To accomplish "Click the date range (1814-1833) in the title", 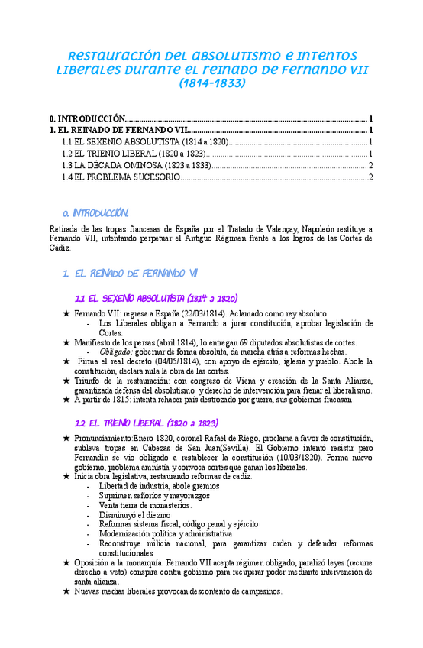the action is point(211,83).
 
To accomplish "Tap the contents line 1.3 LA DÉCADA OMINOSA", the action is point(137,165).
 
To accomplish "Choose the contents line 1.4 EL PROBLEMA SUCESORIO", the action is point(121,177).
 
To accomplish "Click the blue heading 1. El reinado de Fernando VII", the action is point(131,273).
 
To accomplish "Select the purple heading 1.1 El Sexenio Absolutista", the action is point(157,298).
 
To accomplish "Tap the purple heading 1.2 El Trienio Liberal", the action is point(147,423).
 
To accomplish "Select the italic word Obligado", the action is point(115,352).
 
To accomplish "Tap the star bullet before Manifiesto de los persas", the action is point(66,342).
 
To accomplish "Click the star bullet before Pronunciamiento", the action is point(66,437).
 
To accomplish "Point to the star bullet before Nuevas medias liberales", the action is point(66,591).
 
